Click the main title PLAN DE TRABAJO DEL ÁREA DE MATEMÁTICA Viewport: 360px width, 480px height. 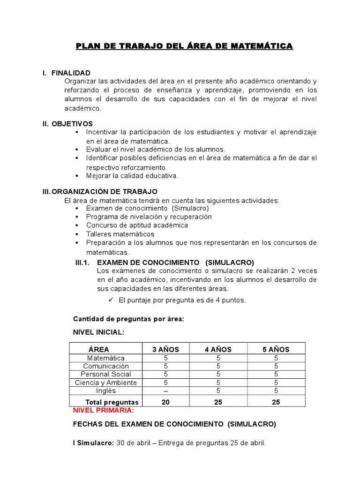(184, 46)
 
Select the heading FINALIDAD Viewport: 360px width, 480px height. (71, 73)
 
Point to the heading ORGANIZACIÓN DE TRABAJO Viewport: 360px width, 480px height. (105, 192)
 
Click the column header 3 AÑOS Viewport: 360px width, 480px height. (165, 349)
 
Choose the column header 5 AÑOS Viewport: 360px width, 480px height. (276, 349)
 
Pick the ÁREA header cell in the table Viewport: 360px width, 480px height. (98, 349)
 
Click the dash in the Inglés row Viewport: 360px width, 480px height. (165, 390)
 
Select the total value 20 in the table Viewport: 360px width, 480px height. (165, 402)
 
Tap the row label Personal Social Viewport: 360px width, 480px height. (106, 374)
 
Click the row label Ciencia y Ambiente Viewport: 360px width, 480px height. (106, 382)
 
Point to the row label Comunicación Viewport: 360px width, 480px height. (106, 366)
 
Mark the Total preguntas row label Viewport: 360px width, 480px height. (112, 402)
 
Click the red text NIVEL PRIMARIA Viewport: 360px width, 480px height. (104, 410)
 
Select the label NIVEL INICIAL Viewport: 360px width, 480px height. (98, 332)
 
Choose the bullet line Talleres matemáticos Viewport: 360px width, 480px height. (120, 234)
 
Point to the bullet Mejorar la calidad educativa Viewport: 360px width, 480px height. (132, 176)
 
